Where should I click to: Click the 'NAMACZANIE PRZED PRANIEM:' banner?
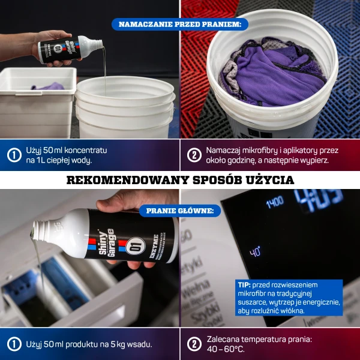click(180, 25)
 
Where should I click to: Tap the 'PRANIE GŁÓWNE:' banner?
click(180, 211)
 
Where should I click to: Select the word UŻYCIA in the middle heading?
click(271, 180)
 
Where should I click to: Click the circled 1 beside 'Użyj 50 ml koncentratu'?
click(14, 155)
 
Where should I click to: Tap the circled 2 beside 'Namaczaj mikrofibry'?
click(193, 155)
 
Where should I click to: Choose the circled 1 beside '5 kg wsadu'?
click(14, 344)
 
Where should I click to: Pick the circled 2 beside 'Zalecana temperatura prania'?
click(193, 344)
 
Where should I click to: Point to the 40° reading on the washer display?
click(256, 251)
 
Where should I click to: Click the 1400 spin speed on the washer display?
click(274, 202)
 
